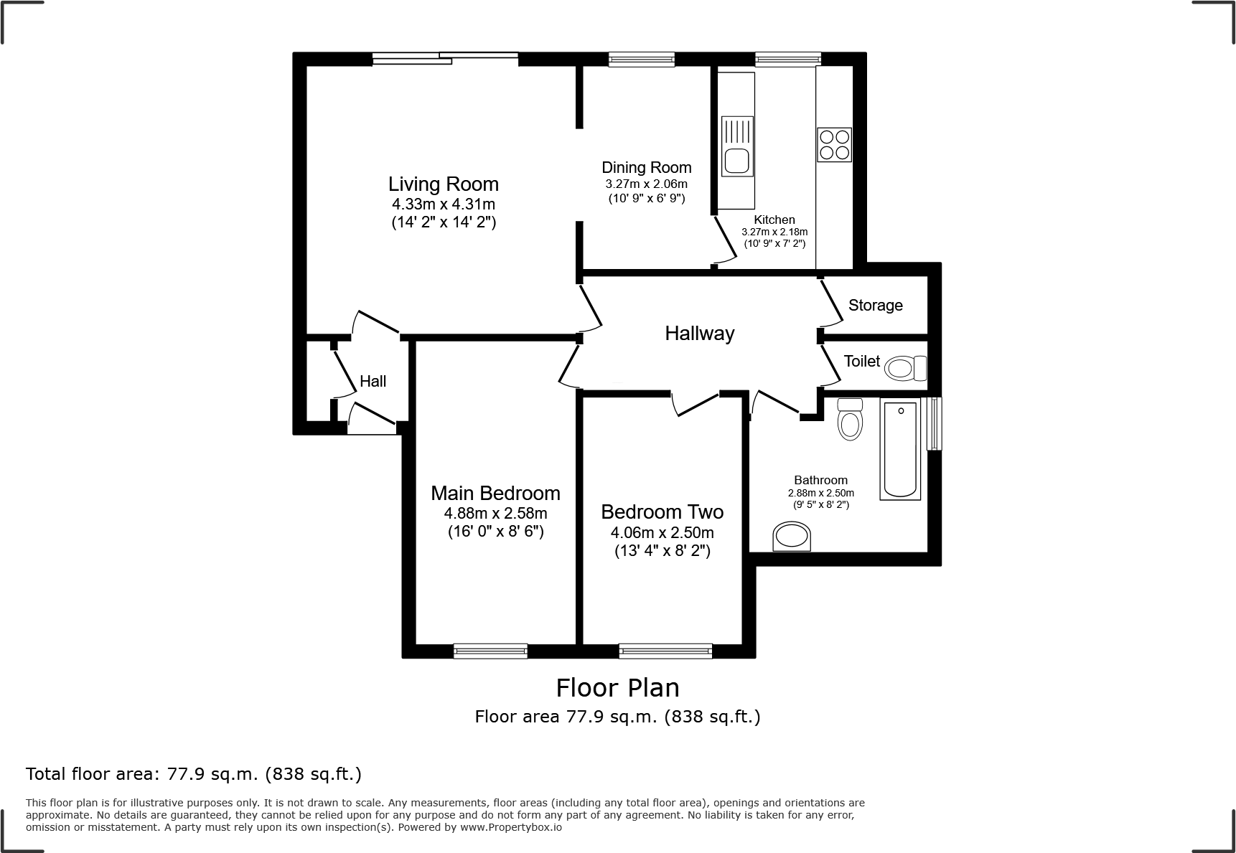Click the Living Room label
[444, 184]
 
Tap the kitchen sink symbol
[737, 146]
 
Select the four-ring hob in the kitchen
[834, 144]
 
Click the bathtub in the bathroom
[900, 449]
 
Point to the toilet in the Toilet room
[904, 369]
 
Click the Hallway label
[699, 334]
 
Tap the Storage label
[875, 306]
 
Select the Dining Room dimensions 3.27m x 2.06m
[646, 184]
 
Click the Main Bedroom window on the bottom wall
[490, 651]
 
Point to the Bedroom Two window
[665, 651]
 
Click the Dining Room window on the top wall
[641, 60]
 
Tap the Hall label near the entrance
[373, 382]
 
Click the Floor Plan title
[617, 688]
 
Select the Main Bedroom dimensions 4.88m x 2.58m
[495, 513]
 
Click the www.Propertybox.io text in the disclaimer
[511, 827]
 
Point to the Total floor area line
[194, 774]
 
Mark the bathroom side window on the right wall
[933, 423]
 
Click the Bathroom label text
[820, 480]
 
